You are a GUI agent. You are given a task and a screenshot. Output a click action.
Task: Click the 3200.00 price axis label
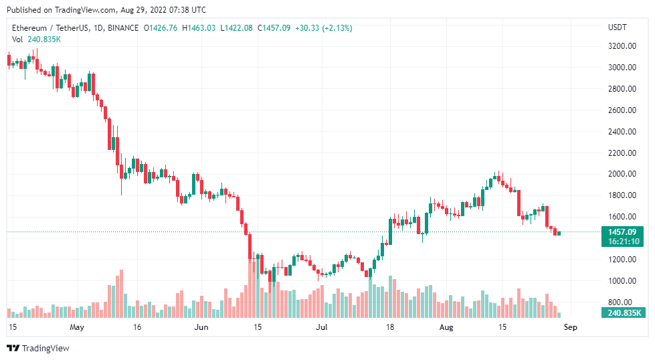pos(622,46)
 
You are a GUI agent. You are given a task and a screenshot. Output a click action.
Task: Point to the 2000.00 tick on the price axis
pos(622,174)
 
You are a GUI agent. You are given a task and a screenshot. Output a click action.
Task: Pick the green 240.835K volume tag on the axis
pos(624,312)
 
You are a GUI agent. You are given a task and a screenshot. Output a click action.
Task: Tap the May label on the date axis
pos(77,327)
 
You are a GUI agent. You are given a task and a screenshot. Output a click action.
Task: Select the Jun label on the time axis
pos(201,327)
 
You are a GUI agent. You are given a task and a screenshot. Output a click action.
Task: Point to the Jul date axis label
pos(322,327)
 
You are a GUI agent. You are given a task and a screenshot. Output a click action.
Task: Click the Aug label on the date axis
pos(447,327)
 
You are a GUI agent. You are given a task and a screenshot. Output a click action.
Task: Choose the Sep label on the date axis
pos(569,327)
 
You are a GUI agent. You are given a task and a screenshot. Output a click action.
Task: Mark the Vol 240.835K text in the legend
pos(37,39)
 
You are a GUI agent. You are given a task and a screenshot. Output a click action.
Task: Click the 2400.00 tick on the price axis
pos(622,131)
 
